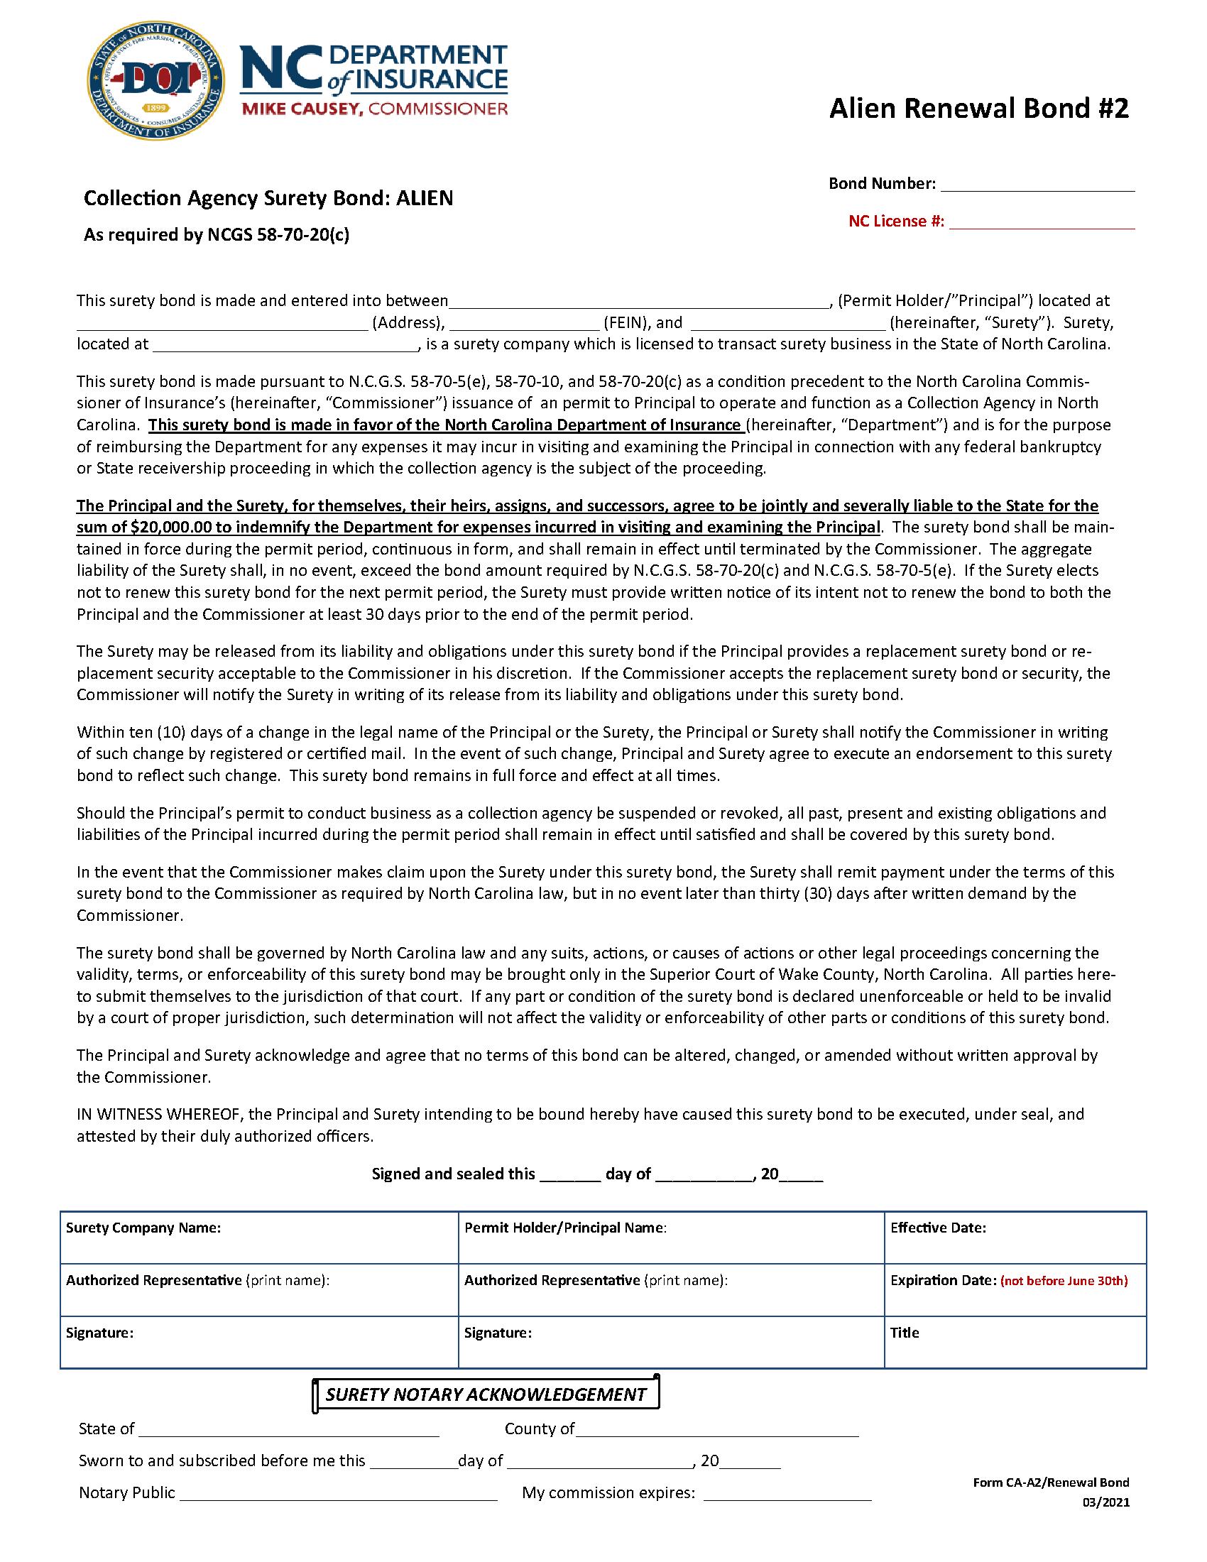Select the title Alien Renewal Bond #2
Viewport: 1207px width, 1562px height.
978,109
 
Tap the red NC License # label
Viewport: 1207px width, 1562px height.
896,222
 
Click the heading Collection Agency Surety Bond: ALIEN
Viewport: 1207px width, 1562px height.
268,198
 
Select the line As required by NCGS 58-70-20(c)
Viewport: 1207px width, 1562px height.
217,234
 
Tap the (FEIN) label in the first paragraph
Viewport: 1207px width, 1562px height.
625,322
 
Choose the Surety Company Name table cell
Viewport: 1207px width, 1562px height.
259,1238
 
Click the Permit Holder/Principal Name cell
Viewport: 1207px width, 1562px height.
671,1238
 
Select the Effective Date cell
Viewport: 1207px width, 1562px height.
1015,1238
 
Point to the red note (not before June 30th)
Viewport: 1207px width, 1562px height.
1064,1281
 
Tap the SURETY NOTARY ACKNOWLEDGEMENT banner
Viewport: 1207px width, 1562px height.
486,1394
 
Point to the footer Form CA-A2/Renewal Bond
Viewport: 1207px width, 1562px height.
1050,1482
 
